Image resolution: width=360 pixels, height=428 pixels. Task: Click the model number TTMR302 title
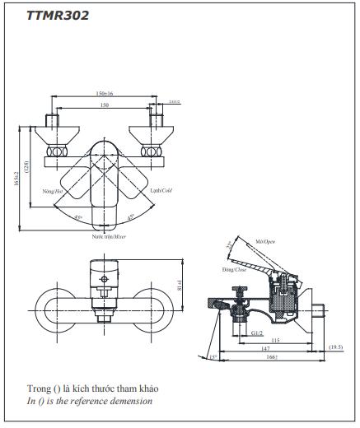(57, 14)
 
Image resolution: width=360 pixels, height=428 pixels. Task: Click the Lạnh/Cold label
(161, 190)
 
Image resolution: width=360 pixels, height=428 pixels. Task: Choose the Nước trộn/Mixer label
(109, 235)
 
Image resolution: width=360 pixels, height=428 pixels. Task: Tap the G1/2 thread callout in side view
(256, 333)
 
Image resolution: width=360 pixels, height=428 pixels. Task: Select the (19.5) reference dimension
(336, 348)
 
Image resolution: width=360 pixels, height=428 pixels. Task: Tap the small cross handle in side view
(240, 291)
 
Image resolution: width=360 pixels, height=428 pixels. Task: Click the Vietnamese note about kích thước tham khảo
(91, 388)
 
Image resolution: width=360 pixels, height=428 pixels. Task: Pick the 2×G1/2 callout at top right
(174, 102)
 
